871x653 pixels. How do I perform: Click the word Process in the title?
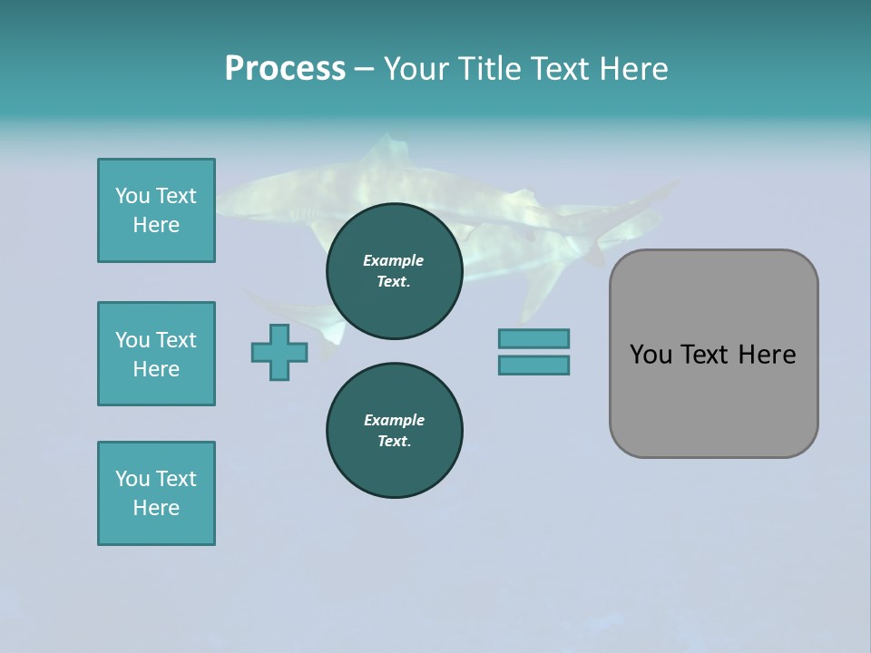285,69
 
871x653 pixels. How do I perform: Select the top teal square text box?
156,210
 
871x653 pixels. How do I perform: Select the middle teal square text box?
156,354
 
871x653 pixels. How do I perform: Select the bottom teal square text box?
156,493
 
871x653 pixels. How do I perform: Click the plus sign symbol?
279,352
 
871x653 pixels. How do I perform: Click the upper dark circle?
394,271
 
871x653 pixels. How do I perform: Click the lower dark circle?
394,431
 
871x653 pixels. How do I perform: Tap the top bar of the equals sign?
533,338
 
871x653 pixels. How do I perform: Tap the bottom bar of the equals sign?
533,365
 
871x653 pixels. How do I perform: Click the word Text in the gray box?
711,355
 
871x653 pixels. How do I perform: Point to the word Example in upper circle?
394,260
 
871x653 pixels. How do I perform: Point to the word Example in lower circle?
394,420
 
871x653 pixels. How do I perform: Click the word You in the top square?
131,196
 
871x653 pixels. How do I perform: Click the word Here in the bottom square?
156,508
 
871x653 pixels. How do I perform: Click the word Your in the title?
416,69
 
